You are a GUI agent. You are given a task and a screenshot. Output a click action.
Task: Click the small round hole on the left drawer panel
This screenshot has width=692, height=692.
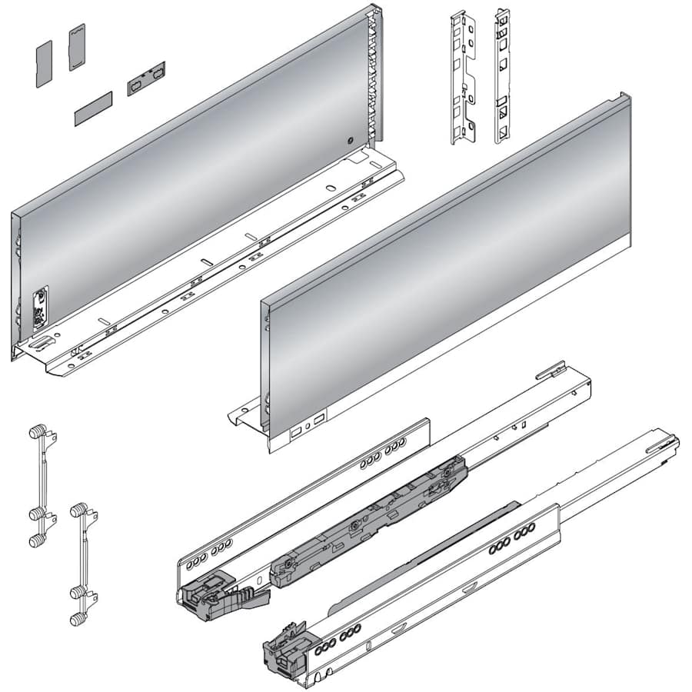tap(349, 141)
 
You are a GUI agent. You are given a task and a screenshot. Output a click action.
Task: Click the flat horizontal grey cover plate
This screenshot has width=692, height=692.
tap(93, 108)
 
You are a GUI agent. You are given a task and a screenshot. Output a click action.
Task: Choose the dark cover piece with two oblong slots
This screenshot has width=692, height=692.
tap(146, 78)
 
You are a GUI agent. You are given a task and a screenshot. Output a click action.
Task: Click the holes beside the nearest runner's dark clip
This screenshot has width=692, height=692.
tap(338, 634)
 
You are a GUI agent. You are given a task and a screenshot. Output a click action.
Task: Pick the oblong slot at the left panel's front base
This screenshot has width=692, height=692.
tap(45, 338)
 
